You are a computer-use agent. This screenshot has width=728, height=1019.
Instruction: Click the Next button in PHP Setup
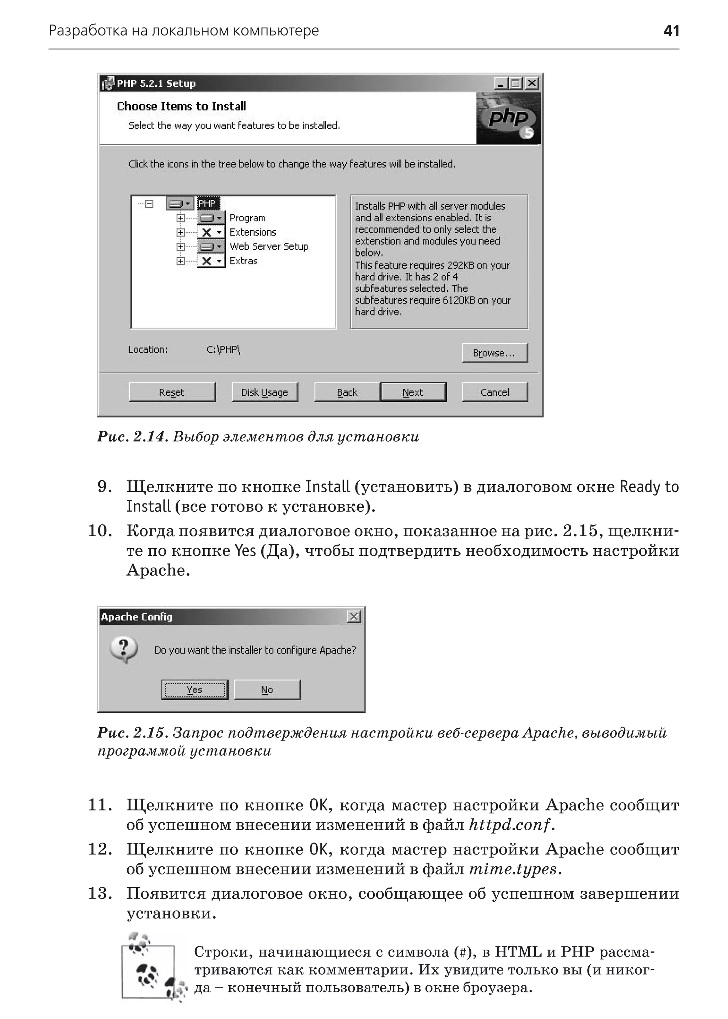(413, 392)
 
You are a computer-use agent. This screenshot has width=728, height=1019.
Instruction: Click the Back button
(347, 392)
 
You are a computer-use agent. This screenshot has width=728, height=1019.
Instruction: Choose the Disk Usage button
(264, 392)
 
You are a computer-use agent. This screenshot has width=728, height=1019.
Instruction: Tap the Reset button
(172, 392)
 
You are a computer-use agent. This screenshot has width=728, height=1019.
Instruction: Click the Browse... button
(494, 353)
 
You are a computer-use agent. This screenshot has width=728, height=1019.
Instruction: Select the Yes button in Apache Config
(194, 690)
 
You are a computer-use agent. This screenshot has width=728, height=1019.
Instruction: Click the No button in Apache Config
(267, 690)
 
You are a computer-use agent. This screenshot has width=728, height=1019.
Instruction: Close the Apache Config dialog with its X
(354, 616)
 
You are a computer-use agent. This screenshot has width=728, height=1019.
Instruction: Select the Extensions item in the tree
(253, 232)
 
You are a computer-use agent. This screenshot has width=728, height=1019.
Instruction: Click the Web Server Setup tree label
(269, 247)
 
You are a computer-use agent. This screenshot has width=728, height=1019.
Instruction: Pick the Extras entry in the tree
(243, 261)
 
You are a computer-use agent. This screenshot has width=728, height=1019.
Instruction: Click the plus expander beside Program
(180, 218)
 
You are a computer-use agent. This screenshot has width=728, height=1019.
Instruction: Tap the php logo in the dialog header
(509, 119)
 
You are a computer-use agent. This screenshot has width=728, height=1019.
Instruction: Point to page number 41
(671, 31)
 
